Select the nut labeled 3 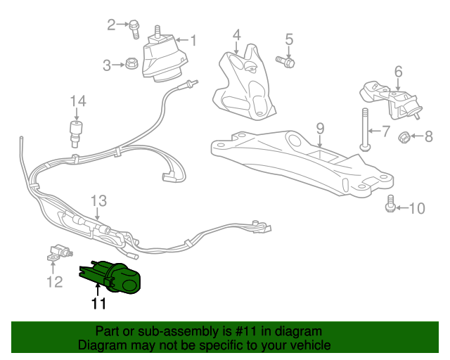pos(130,65)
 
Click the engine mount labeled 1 pos(166,59)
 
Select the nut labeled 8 pos(320,128)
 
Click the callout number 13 pos(97,200)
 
